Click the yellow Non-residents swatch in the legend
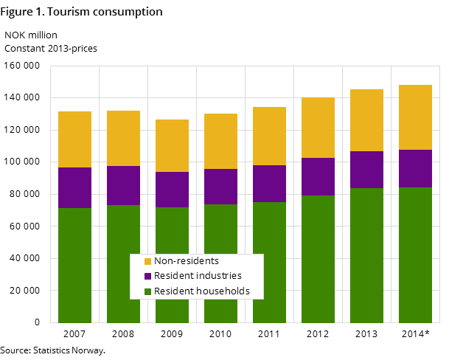(x=147, y=261)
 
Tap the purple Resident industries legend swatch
(x=147, y=276)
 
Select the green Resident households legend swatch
(x=147, y=291)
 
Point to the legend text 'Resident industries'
(x=197, y=276)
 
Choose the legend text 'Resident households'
(x=202, y=291)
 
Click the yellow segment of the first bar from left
(x=74, y=139)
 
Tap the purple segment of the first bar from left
(x=74, y=187)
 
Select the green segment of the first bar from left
(x=74, y=265)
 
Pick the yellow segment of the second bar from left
(x=123, y=138)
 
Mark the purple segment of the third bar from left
(x=172, y=190)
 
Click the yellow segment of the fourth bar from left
(x=220, y=141)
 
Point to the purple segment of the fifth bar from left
(x=269, y=184)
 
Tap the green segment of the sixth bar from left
(x=318, y=259)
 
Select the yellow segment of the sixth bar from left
(x=318, y=128)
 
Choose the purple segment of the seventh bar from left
(x=366, y=170)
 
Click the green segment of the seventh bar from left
(x=366, y=255)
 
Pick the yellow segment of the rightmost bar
(x=415, y=117)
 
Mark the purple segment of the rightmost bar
(x=415, y=168)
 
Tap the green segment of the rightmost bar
(x=415, y=255)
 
